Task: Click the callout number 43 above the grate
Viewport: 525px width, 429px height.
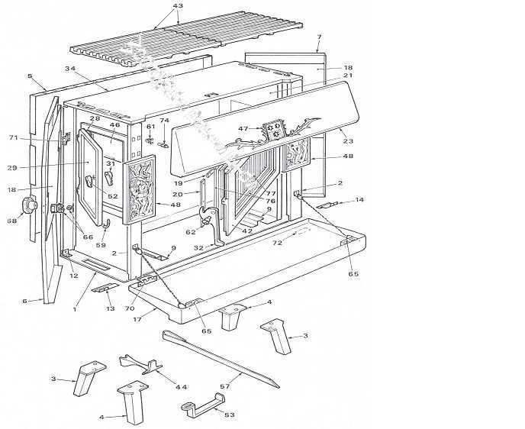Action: tap(178, 6)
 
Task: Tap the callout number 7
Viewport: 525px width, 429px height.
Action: tap(319, 37)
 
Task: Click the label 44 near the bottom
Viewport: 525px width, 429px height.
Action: tap(181, 387)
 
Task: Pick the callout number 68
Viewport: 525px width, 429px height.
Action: tap(11, 221)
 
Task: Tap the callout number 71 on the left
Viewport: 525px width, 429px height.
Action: tap(12, 137)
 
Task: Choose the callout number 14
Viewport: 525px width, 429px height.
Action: tap(359, 200)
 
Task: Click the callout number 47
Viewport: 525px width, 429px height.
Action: tap(243, 129)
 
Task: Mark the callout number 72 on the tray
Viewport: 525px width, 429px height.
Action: tap(278, 243)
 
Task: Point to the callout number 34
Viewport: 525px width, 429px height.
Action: tap(70, 69)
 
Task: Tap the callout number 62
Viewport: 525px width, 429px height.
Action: tap(190, 232)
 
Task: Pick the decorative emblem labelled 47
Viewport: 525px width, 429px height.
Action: tap(275, 130)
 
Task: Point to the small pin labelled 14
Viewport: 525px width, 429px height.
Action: tap(330, 204)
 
